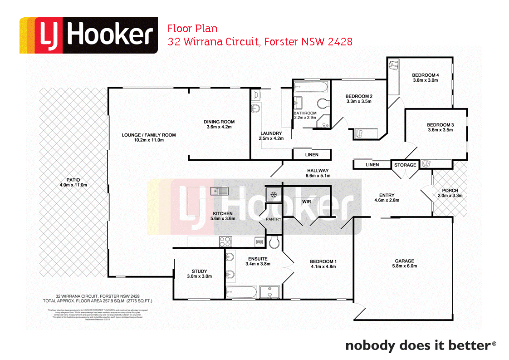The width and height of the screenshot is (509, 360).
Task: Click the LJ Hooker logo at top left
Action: pos(88,35)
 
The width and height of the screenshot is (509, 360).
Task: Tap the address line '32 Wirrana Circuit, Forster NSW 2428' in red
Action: pos(260,42)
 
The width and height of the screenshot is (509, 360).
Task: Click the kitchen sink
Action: pos(221,191)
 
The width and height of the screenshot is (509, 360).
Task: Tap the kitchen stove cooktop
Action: pos(225,242)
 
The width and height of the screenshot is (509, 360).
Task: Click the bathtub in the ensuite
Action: pos(242,291)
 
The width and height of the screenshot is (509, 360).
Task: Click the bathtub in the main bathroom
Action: pos(311,87)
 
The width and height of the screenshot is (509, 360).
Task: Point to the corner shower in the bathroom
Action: pos(324,122)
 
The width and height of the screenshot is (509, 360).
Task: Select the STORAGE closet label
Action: pos(405,165)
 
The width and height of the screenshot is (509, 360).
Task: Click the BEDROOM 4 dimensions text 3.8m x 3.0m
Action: pos(425,80)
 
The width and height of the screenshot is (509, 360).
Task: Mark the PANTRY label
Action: pos(274,219)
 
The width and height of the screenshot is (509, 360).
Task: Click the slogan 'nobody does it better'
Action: pos(418,345)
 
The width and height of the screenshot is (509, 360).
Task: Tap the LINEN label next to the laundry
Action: pos(311,155)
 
